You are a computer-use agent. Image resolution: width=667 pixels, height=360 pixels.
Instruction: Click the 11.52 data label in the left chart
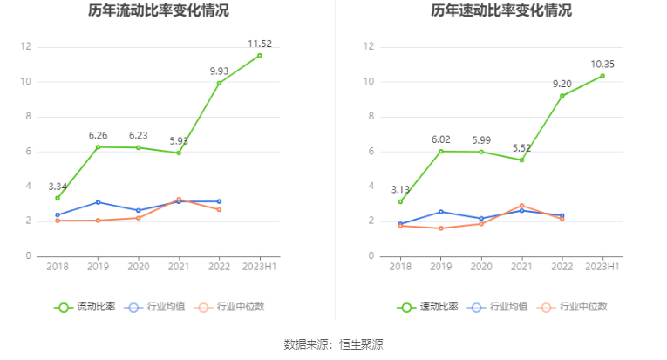click(x=259, y=43)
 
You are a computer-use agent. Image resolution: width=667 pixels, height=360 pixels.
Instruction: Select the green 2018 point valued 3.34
click(x=58, y=198)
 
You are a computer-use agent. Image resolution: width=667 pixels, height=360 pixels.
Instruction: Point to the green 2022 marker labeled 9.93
click(x=219, y=83)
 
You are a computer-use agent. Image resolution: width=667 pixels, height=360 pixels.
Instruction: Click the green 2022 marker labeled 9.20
click(x=562, y=96)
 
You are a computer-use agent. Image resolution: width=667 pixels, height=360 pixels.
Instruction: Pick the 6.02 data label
click(x=440, y=139)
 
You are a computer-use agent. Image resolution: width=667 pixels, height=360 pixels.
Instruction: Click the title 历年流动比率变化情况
click(x=159, y=11)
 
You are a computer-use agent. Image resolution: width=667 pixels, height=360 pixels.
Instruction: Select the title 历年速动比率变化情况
click(x=501, y=11)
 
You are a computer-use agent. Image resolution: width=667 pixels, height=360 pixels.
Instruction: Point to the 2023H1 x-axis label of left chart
click(x=259, y=266)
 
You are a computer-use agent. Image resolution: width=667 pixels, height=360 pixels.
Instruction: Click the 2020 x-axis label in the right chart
click(x=481, y=266)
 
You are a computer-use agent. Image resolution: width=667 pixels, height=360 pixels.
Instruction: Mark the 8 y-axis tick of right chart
click(x=371, y=116)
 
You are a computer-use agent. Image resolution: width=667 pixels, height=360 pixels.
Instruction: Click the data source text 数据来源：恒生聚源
click(x=333, y=344)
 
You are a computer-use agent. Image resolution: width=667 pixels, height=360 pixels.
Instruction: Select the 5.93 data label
click(x=179, y=140)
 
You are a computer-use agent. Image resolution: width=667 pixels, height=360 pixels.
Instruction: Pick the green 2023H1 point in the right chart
click(x=602, y=76)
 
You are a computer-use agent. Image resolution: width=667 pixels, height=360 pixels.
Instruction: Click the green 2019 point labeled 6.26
click(x=98, y=146)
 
